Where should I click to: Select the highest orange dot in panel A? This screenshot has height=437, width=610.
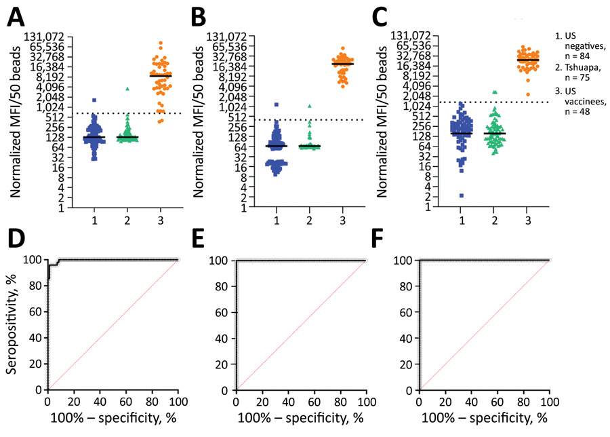point(161,43)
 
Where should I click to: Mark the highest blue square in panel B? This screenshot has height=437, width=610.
point(277,104)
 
